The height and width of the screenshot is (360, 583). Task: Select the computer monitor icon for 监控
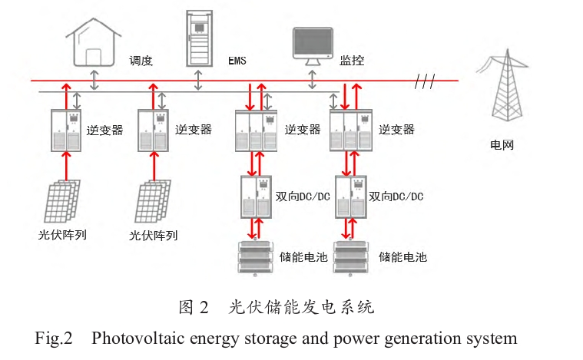(x=313, y=45)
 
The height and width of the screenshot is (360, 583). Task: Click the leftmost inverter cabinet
(x=66, y=130)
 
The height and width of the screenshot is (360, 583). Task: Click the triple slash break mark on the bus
(x=425, y=81)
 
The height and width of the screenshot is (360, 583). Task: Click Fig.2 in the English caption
(x=53, y=339)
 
